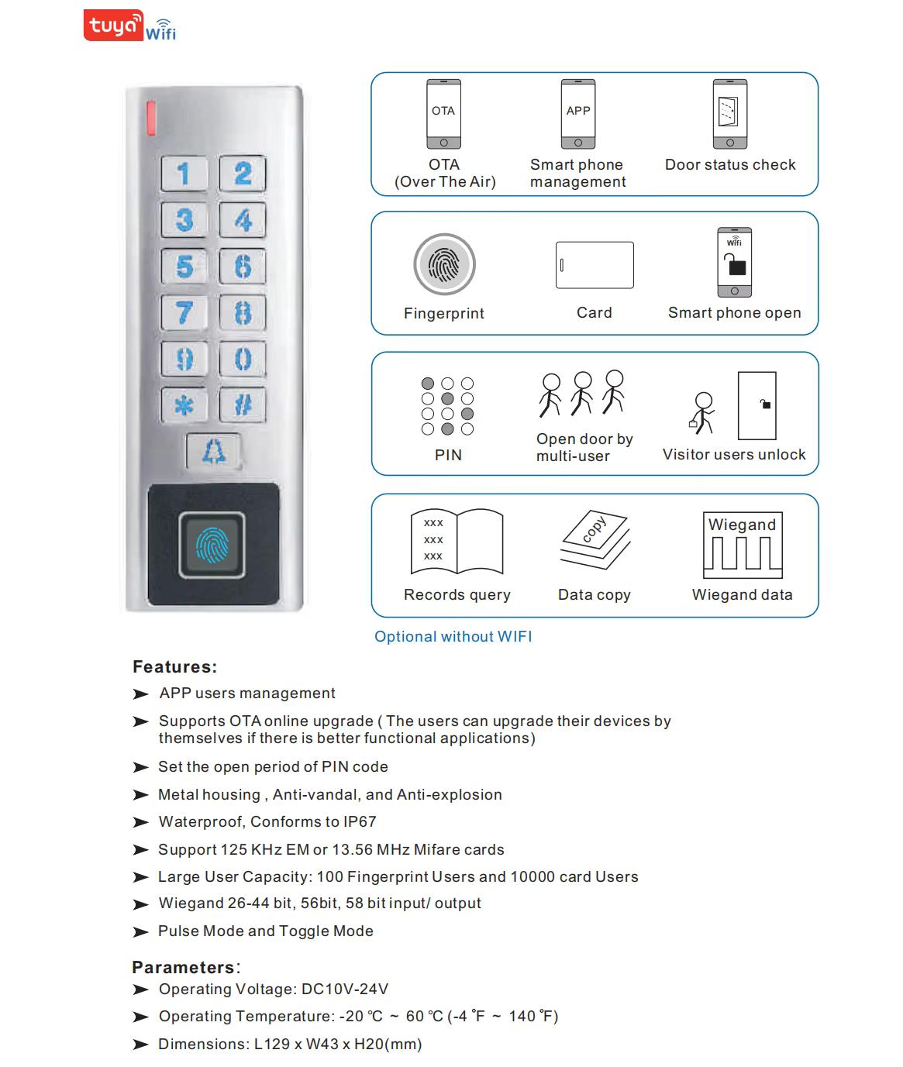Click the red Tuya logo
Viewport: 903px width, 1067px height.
[x=113, y=26]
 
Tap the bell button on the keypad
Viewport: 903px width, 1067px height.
[x=214, y=451]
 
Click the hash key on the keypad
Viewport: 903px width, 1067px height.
[x=243, y=404]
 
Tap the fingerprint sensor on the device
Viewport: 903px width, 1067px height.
[x=212, y=546]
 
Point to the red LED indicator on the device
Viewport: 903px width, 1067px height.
[x=150, y=118]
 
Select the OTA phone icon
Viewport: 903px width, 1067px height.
[x=443, y=114]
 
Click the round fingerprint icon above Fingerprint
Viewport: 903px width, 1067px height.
[x=444, y=265]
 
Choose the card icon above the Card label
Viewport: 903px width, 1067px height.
[x=595, y=265]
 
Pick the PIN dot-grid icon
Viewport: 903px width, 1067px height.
[x=447, y=406]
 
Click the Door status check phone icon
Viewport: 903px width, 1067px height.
[x=729, y=114]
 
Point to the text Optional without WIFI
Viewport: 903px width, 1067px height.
[x=453, y=636]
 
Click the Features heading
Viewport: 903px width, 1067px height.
[x=174, y=666]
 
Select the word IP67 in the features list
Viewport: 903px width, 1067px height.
[x=360, y=821]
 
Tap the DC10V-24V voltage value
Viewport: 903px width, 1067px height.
[x=344, y=989]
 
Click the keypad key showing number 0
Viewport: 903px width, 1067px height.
[x=243, y=359]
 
